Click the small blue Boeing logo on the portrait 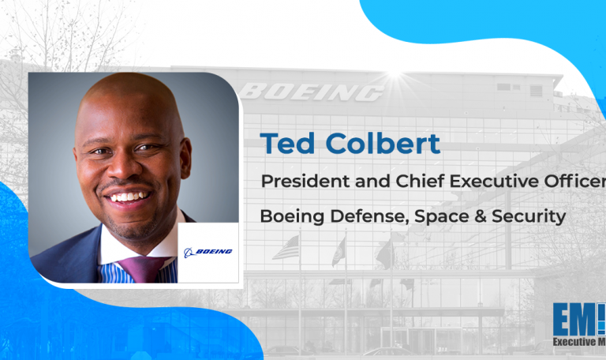coord(208,252)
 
